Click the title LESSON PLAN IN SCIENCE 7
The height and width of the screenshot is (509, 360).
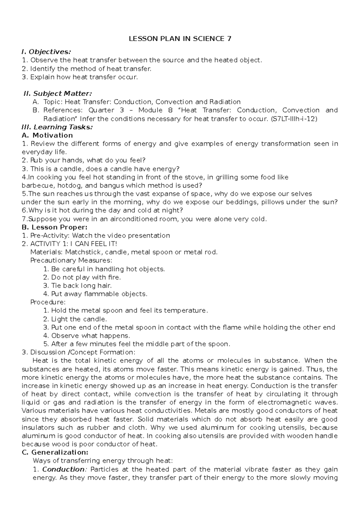point(180,39)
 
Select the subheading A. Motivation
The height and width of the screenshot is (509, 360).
point(48,135)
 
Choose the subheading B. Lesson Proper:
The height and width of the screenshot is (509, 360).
point(55,227)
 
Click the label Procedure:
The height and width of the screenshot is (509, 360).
point(48,302)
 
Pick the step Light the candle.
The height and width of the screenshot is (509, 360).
point(79,319)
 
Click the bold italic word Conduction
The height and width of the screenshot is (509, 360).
point(63,469)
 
